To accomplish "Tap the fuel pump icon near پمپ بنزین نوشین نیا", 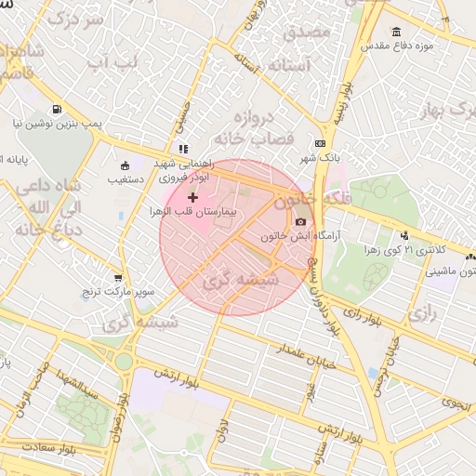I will (x=58, y=108).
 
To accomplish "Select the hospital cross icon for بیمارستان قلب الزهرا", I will (x=192, y=197).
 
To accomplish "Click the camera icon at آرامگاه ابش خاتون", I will (x=300, y=220).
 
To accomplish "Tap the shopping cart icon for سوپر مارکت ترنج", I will (x=118, y=277).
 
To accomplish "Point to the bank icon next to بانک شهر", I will (x=320, y=143).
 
